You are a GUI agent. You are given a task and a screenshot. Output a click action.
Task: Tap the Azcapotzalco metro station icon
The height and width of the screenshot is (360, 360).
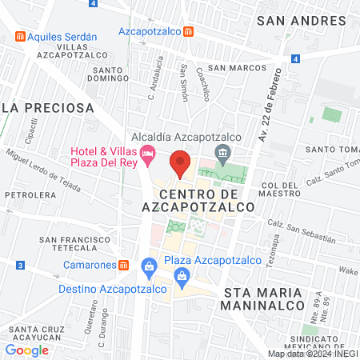[187, 32]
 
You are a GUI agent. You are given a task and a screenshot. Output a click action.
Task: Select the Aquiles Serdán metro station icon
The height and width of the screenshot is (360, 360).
[18, 37]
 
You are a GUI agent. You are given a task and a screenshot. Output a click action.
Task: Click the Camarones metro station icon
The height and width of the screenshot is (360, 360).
[124, 265]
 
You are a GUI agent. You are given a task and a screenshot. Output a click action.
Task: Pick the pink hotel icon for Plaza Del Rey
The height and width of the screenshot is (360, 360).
[147, 152]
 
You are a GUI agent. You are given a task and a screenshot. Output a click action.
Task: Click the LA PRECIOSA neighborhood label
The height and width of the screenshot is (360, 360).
[48, 106]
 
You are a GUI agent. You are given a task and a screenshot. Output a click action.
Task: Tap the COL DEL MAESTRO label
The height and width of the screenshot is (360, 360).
[280, 190]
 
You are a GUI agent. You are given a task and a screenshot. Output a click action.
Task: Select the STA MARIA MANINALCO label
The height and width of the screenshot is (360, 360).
[264, 298]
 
